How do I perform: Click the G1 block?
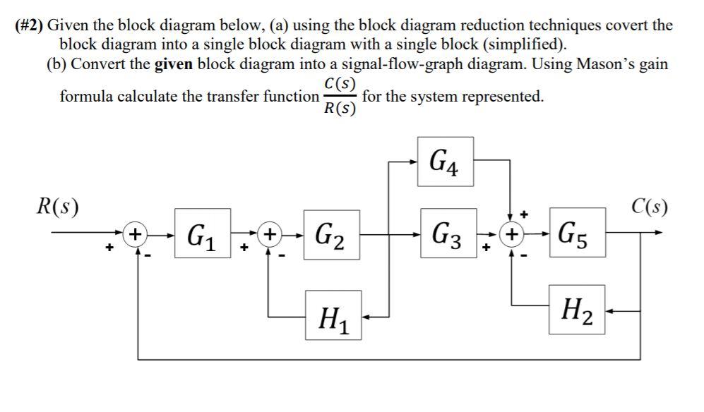(203, 233)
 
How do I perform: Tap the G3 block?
(447, 233)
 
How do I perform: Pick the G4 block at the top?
(445, 162)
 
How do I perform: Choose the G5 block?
(577, 233)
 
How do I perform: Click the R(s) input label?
(58, 207)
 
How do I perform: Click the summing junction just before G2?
(268, 233)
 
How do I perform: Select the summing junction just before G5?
(512, 233)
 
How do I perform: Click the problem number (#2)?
(29, 26)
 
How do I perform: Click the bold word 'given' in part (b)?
(173, 64)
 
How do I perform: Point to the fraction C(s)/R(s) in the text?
(340, 97)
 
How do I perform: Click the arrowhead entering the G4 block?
(413, 162)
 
